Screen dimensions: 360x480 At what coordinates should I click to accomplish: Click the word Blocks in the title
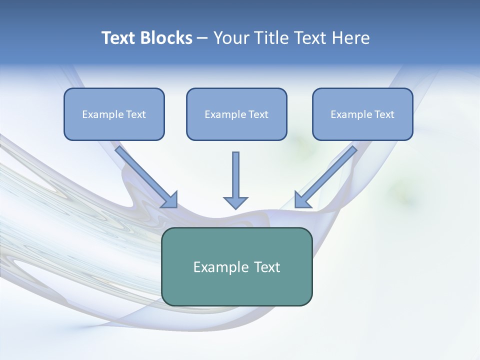pos(166,38)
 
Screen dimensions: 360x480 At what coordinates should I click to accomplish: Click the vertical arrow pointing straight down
pos(235,175)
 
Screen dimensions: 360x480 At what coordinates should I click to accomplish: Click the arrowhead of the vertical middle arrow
pos(235,202)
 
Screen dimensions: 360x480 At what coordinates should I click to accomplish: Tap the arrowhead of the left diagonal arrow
pos(170,199)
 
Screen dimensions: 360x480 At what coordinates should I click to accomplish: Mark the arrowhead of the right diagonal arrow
pos(302,199)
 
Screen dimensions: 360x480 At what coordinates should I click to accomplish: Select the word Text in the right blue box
pos(384,114)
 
